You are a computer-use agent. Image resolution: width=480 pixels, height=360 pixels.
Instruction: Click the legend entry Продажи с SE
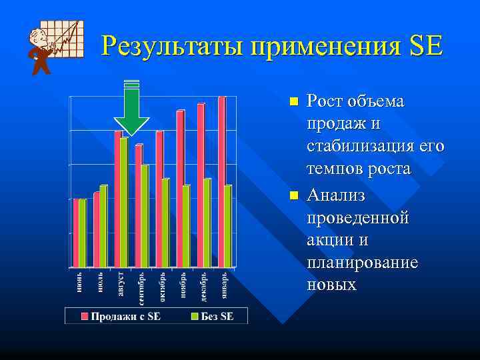tap(121, 316)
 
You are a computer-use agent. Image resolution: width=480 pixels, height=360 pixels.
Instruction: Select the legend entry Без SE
tap(213, 316)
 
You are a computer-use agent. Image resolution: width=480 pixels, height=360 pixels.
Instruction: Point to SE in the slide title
tap(425, 46)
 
